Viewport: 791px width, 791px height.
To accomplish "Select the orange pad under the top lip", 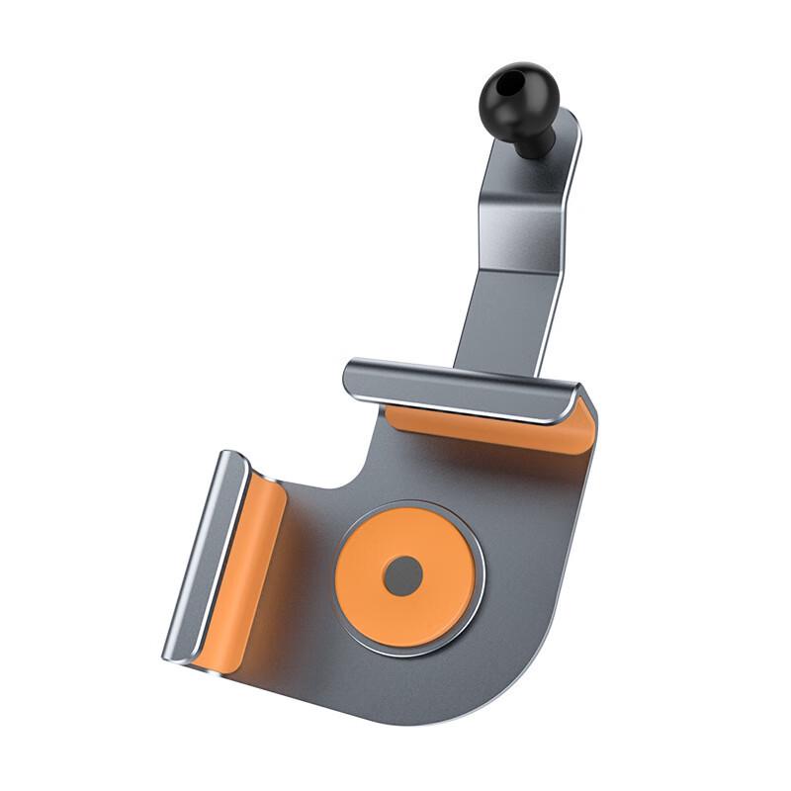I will point(494,428).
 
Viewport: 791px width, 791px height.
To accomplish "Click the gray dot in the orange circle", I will point(402,575).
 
